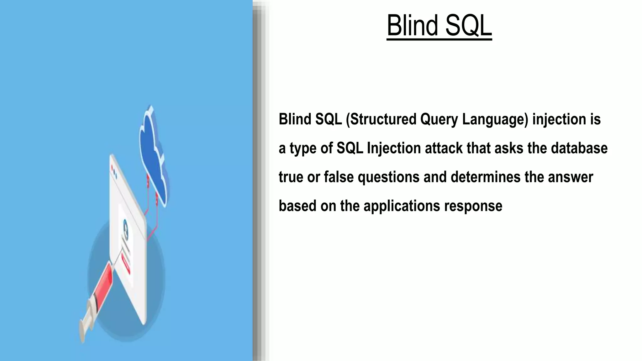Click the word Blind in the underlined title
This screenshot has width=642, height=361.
click(413, 25)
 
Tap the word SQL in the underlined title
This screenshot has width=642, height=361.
click(468, 25)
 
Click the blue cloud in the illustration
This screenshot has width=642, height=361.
click(152, 157)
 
